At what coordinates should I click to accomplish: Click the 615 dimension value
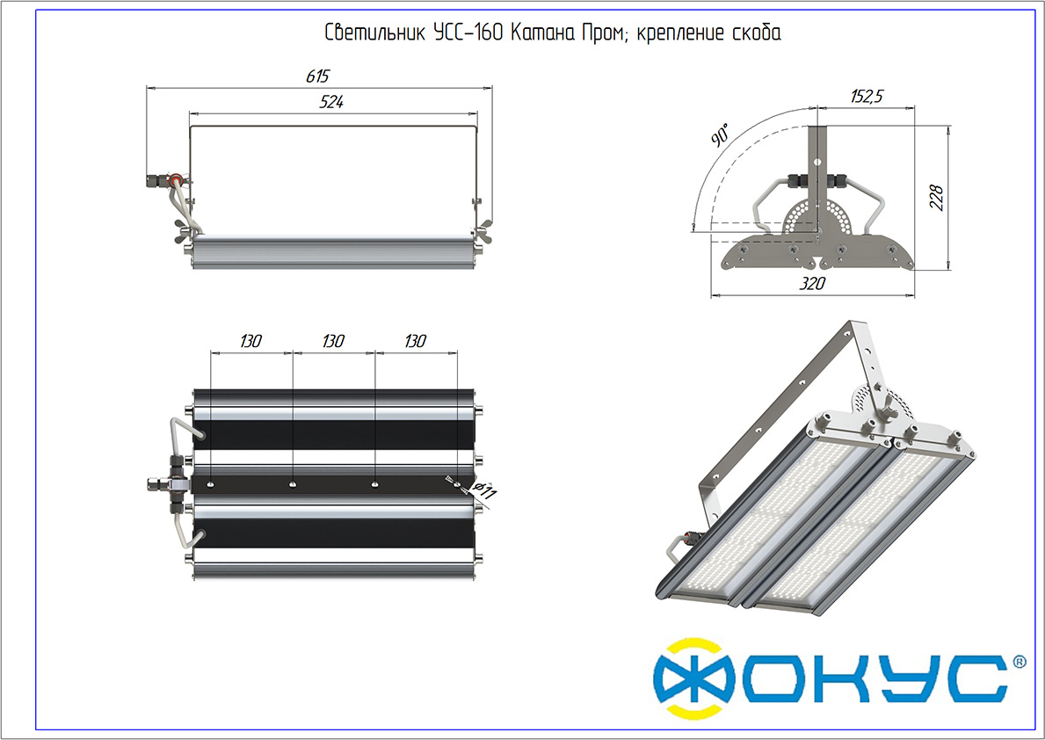318,76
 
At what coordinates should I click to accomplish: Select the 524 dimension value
331,102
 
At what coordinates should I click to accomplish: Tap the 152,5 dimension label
867,97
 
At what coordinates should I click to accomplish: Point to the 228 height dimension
936,198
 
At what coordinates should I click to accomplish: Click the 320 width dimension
812,284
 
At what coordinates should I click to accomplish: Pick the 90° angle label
721,134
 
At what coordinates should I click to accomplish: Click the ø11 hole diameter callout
484,492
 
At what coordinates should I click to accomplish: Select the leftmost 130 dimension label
250,341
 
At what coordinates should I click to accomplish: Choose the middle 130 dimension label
333,341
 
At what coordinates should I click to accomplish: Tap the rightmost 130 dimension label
415,341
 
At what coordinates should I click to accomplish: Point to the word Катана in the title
542,32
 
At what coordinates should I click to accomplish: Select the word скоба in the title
757,33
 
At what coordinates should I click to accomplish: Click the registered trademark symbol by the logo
1019,662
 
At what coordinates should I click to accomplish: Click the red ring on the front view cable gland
175,179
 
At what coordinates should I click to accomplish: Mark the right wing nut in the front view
482,229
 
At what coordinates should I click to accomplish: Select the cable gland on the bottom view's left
162,483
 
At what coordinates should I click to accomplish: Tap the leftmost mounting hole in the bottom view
211,484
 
